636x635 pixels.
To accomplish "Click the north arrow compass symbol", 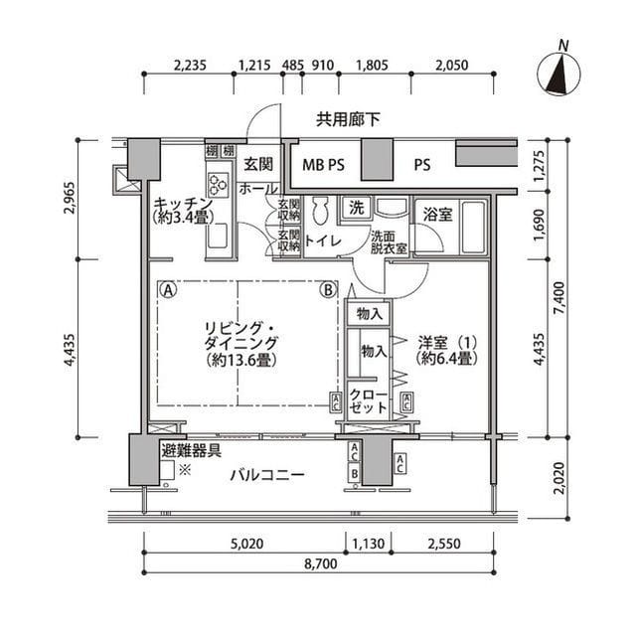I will [x=560, y=74].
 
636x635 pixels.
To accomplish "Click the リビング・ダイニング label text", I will [x=241, y=344].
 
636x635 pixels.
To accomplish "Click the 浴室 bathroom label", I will [x=438, y=214].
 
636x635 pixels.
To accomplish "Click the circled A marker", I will [x=169, y=291].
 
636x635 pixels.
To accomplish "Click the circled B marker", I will [x=327, y=291].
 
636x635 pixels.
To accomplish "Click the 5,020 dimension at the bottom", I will [x=244, y=543].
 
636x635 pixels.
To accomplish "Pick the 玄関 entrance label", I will [x=259, y=164].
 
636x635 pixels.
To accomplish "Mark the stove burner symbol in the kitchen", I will [x=217, y=184].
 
